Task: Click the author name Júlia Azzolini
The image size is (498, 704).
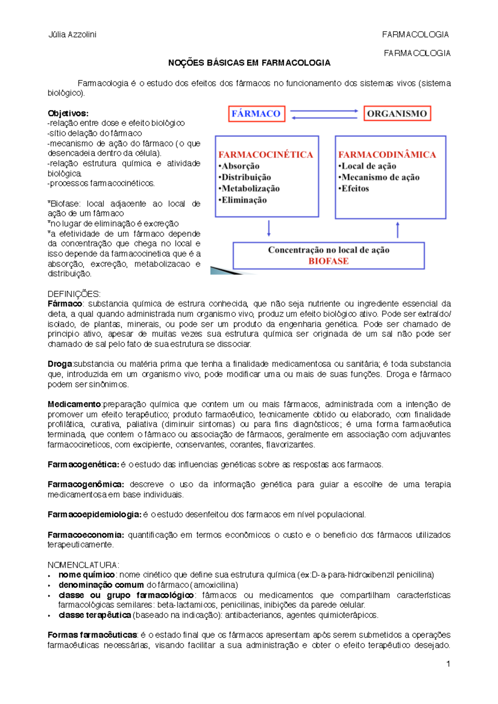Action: tap(72, 34)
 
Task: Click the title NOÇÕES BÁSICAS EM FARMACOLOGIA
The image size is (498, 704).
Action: tap(249, 63)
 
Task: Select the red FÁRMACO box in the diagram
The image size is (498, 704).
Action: tap(256, 114)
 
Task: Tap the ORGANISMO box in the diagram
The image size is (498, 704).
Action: tap(397, 114)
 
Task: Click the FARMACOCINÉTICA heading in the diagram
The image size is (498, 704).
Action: tap(266, 155)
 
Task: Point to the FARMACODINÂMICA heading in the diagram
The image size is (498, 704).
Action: tap(387, 155)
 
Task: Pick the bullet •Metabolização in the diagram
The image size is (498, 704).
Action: tap(249, 189)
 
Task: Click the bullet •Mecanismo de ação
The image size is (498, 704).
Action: tap(379, 177)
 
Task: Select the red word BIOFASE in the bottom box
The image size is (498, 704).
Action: tap(328, 261)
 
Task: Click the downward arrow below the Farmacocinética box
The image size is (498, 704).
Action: tap(269, 228)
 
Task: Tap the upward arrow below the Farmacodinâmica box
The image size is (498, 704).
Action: tap(398, 230)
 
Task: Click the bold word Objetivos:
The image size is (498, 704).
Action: tap(68, 113)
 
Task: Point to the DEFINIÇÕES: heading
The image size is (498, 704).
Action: tap(74, 294)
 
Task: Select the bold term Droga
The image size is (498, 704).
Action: tap(60, 364)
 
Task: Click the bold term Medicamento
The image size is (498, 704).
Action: tap(74, 404)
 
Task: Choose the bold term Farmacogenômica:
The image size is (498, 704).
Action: tap(85, 484)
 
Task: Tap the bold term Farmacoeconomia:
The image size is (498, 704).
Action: tap(85, 535)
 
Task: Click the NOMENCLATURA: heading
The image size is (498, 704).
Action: tap(83, 565)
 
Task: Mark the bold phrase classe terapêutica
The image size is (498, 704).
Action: tap(95, 615)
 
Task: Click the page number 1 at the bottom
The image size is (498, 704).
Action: tap(448, 664)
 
